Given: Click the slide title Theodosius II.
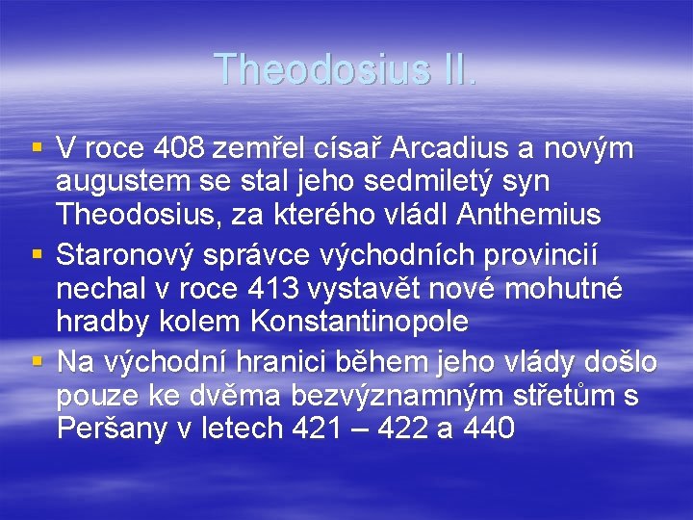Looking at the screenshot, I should point(346,68).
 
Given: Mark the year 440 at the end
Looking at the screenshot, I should point(489,427).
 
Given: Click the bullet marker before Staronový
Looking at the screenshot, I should point(36,255).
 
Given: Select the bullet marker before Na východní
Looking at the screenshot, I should point(36,362).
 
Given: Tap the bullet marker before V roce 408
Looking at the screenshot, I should point(36,148).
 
